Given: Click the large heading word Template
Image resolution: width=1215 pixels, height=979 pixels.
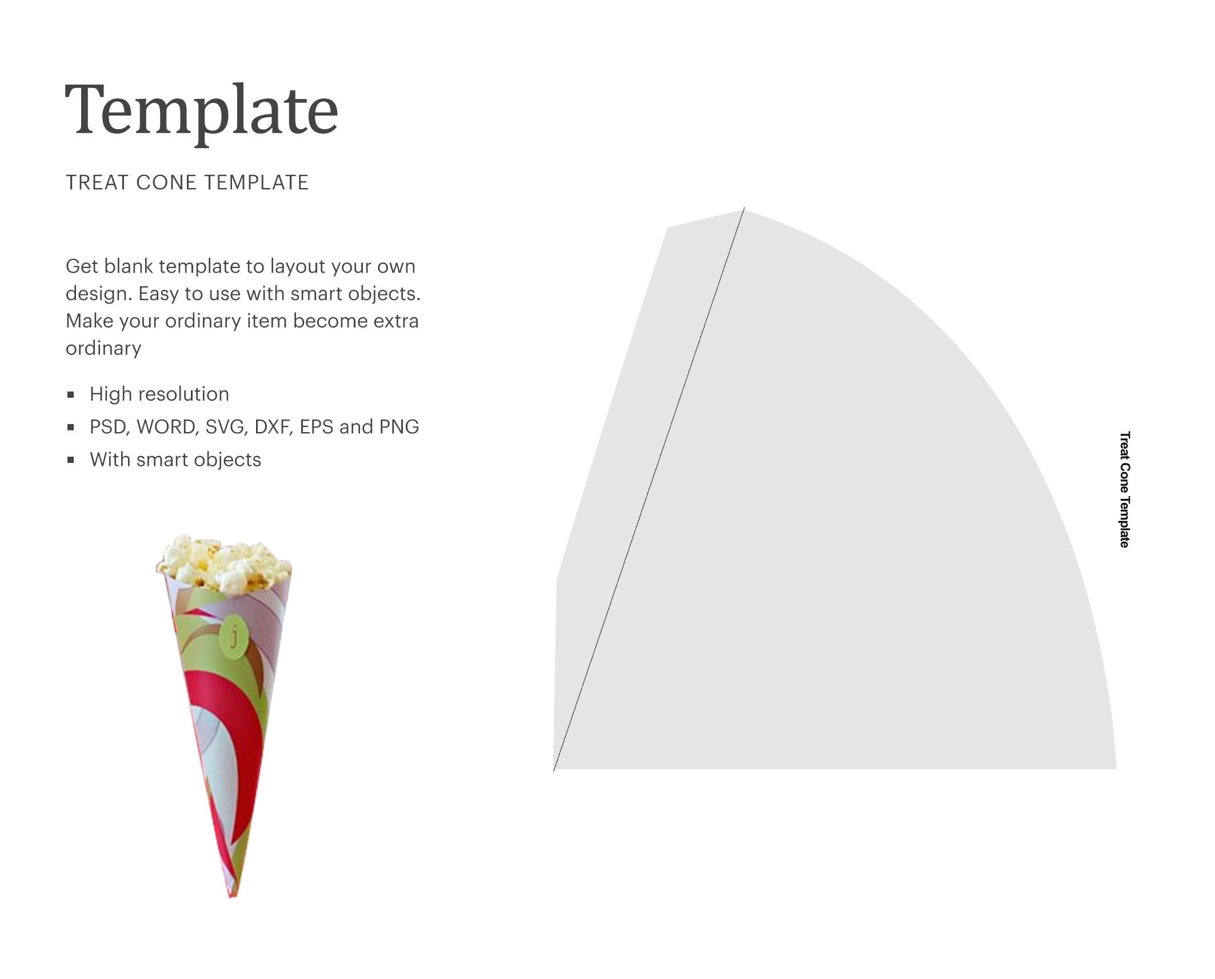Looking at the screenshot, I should (x=202, y=110).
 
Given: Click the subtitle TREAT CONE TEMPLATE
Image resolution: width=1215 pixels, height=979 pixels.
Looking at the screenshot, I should (x=187, y=183).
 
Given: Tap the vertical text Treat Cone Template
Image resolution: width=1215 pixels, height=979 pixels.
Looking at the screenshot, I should (x=1124, y=489).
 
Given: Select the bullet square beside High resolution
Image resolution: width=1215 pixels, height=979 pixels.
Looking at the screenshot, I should (x=71, y=394).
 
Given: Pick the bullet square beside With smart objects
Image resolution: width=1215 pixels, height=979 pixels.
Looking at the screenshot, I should (x=71, y=460).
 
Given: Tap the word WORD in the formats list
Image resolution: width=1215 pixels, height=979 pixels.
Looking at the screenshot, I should (x=166, y=427).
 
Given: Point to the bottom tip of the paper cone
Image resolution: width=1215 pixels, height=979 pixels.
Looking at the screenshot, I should (x=233, y=895).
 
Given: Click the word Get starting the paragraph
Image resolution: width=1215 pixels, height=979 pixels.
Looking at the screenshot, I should (x=82, y=267).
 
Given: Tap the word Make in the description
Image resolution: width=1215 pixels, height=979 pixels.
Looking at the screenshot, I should (x=89, y=321).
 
